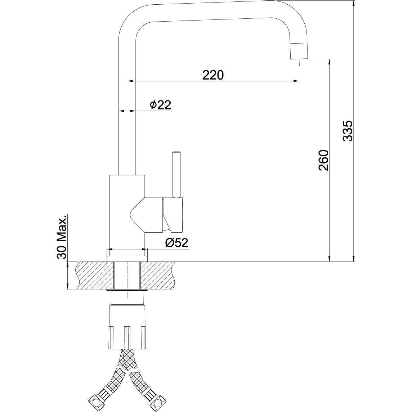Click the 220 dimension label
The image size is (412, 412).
tap(213, 75)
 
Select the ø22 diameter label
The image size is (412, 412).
tap(160, 105)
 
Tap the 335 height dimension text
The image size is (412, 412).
tap(348, 131)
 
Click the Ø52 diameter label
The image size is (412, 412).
tap(176, 242)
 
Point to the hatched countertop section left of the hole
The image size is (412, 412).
tap(95, 276)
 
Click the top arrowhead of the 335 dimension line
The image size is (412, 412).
tap(354, 4)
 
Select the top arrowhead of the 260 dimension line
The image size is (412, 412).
tap(329, 63)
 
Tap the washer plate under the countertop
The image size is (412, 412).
tap(127, 290)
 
